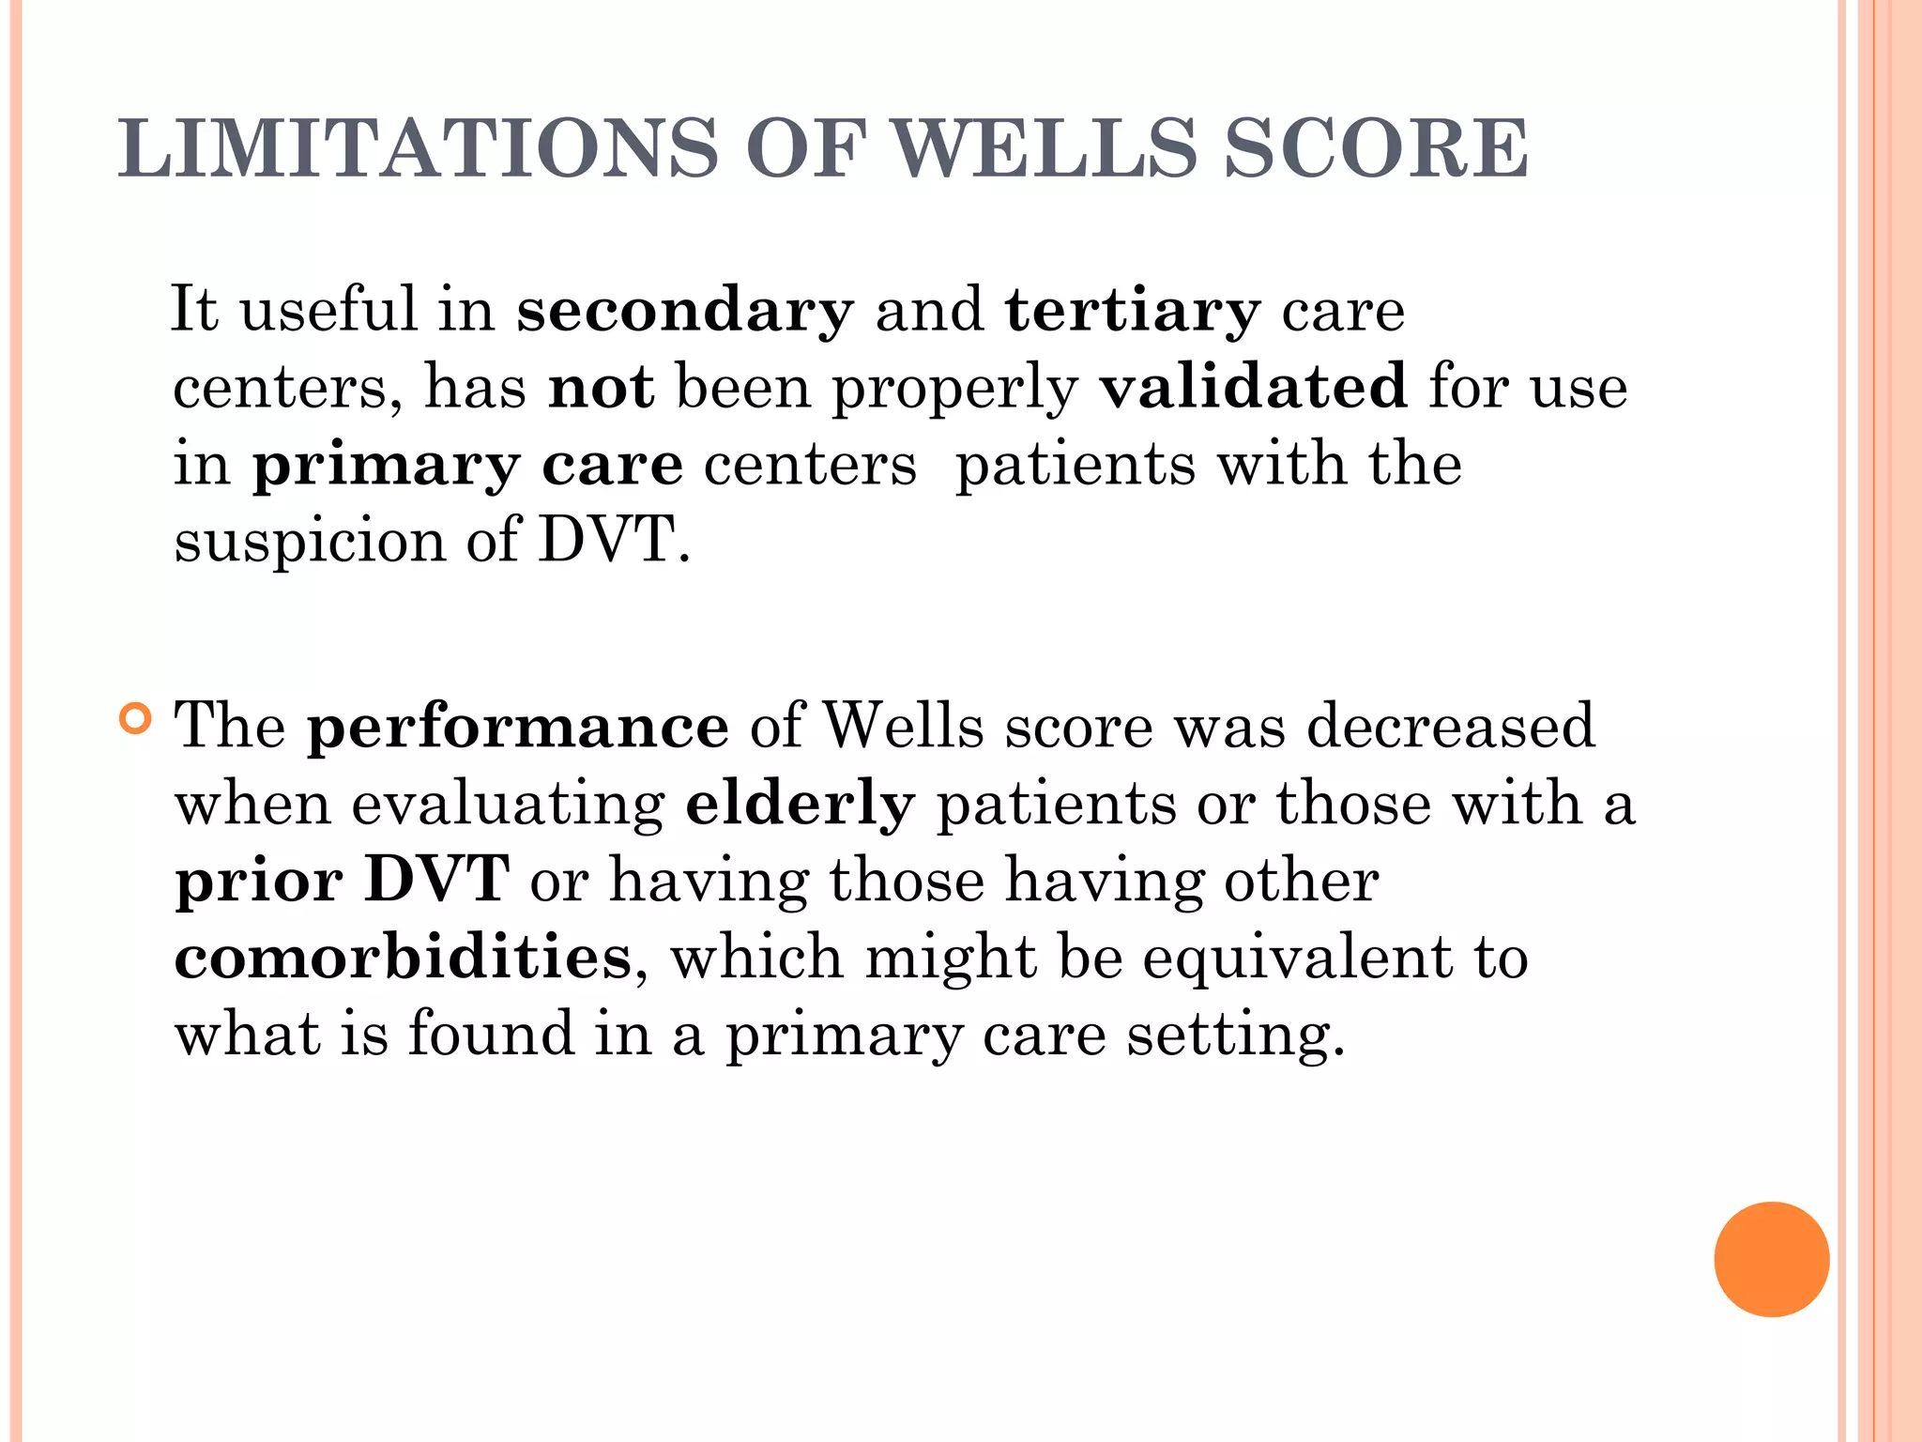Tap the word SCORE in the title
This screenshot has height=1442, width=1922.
click(x=1376, y=148)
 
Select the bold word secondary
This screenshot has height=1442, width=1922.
click(x=685, y=310)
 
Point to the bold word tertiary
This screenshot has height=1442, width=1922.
click(x=1132, y=312)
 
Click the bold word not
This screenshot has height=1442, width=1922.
click(x=601, y=387)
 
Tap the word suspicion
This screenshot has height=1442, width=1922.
click(x=310, y=543)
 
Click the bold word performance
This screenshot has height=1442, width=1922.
click(x=518, y=728)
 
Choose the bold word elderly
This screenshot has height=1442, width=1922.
click(x=800, y=805)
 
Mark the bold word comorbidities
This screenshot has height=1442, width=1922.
click(x=404, y=958)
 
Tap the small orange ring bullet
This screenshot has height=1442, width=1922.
click(x=135, y=719)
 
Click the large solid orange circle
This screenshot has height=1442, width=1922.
click(x=1771, y=1259)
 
